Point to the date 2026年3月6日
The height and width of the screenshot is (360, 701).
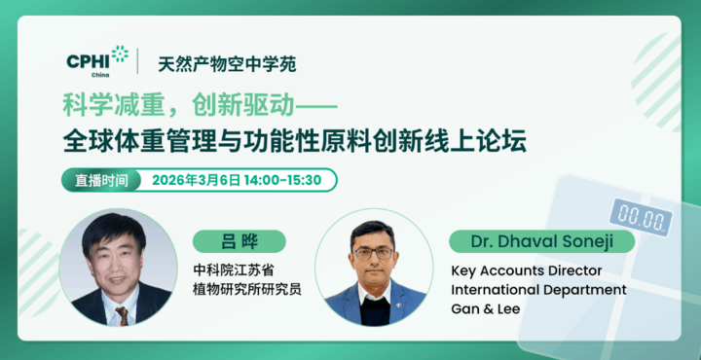[x=196, y=180]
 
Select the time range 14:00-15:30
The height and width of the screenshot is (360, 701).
[x=285, y=180]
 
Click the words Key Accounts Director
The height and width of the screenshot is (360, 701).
[x=527, y=270]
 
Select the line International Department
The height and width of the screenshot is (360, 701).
[x=538, y=289]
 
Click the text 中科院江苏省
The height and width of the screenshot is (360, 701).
[x=235, y=270]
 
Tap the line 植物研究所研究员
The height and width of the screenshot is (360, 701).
[x=247, y=289]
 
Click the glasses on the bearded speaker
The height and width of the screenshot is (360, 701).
[x=373, y=253]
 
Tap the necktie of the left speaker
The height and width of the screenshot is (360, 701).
[x=121, y=314]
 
